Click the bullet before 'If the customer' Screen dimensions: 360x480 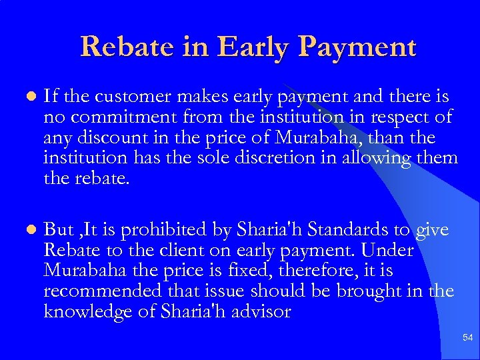[x=27, y=97]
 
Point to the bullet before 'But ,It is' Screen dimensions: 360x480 [x=27, y=230]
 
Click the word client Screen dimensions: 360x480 [x=178, y=251]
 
